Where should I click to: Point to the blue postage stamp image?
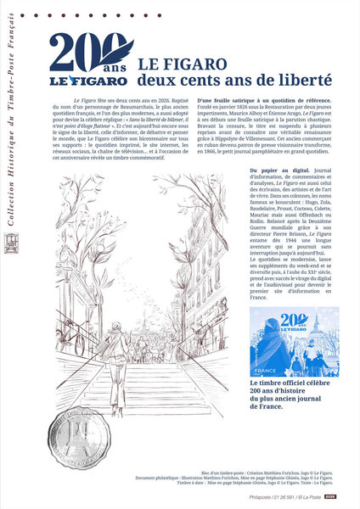click(295, 342)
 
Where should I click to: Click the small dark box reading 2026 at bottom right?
click(331, 496)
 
